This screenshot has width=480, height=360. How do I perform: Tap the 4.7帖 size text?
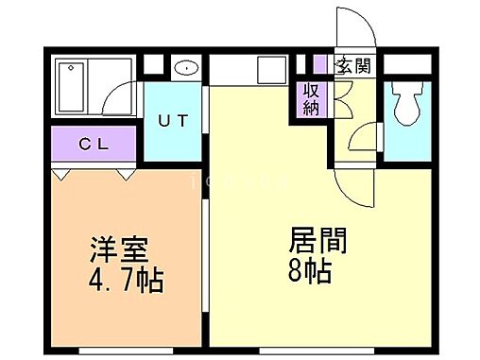point(126,281)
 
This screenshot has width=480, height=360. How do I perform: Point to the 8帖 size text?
point(309,270)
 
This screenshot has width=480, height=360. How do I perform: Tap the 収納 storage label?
point(311,99)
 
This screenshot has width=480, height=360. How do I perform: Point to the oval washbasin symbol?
point(187,68)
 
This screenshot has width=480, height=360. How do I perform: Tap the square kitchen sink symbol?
point(271,69)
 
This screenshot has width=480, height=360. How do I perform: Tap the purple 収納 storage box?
point(311,99)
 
